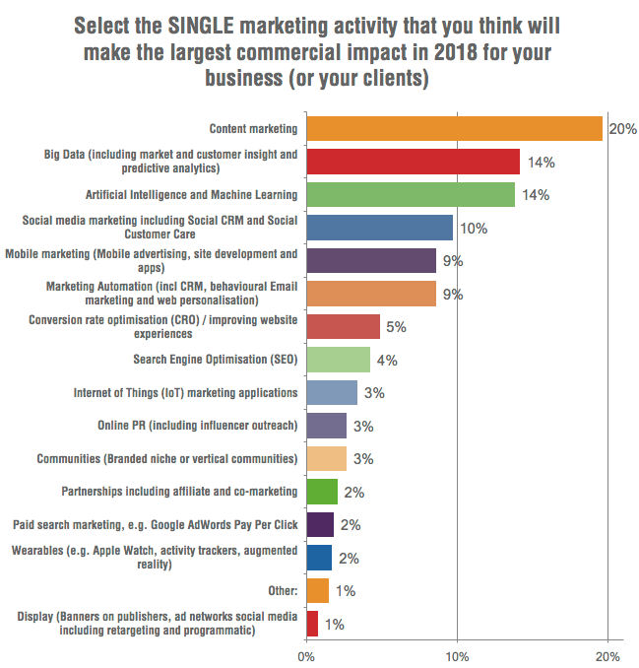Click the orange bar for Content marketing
[454, 128]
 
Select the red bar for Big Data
[413, 162]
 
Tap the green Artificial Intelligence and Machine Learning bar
[411, 194]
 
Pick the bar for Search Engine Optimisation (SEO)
[338, 360]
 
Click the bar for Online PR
[326, 426]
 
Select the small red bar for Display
[312, 624]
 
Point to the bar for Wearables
[319, 558]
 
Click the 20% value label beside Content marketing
[622, 129]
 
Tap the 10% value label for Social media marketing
[474, 228]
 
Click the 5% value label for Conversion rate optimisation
[395, 327]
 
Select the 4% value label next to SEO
[386, 361]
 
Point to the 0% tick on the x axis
[306, 653]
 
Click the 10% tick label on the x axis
[457, 653]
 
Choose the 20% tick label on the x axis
[607, 653]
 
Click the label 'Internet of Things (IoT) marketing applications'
[185, 393]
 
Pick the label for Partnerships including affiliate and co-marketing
[180, 492]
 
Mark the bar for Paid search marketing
[320, 525]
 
